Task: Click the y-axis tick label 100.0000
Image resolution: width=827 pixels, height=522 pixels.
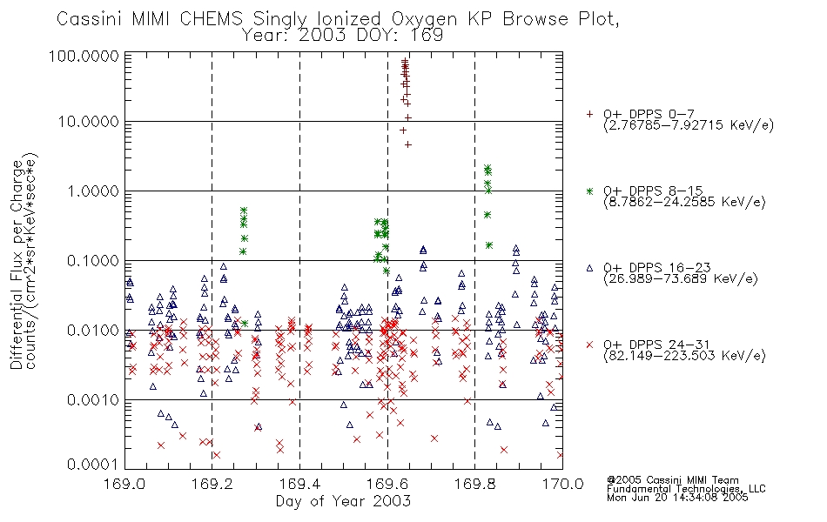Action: point(84,56)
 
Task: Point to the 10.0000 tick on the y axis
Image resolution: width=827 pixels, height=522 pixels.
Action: point(89,122)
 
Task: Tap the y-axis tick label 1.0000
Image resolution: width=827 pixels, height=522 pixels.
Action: point(93,191)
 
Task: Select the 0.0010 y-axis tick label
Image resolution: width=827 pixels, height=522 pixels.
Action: point(93,399)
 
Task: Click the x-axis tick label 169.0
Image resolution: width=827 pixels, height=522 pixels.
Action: point(124,484)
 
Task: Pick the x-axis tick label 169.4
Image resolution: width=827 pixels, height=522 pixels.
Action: point(299,484)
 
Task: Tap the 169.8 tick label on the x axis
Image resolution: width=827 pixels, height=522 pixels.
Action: point(474,484)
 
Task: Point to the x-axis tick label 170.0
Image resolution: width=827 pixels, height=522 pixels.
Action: point(562,484)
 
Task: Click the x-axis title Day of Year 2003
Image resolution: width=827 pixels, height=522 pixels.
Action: point(343,500)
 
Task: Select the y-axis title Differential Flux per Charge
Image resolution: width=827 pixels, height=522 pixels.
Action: point(17,264)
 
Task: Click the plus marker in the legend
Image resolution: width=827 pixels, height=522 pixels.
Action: point(589,114)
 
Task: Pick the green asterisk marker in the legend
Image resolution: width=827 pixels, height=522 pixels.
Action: point(589,191)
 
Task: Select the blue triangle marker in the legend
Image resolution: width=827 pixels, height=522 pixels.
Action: point(589,268)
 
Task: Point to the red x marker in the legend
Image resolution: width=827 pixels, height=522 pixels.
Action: point(589,345)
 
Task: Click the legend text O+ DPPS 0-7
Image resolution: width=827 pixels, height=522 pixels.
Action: point(649,114)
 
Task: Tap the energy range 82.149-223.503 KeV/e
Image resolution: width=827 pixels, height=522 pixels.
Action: point(684,356)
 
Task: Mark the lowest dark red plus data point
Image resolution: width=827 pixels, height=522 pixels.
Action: point(407,144)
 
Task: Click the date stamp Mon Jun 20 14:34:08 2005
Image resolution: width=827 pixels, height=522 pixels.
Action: point(677,498)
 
